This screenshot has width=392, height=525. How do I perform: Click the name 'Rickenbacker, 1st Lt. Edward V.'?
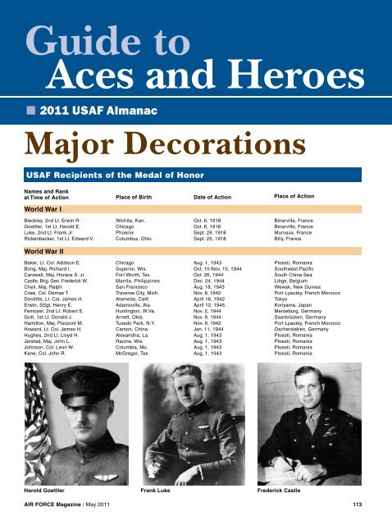point(66,239)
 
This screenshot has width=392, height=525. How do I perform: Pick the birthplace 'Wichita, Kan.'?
point(134,221)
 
